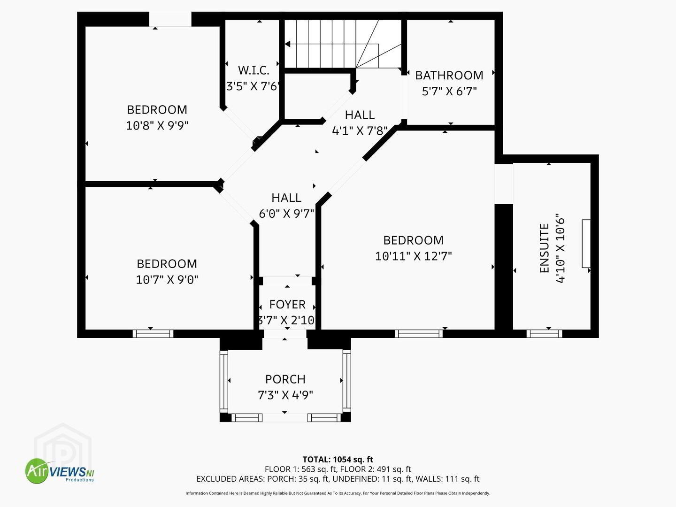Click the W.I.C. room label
pos(253,70)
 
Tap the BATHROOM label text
pos(449,76)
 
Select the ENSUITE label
pos(545,248)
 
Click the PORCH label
pos(285,379)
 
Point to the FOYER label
pos(287,305)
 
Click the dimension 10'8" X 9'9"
pos(157,126)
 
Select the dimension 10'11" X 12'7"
pos(413,256)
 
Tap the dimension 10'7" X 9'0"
pos(167,280)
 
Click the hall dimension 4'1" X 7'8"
pos(360,131)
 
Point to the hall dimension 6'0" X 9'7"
pos(286,214)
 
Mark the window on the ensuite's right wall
pos(586,244)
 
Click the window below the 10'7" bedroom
pos(153,334)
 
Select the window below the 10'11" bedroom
pos(419,334)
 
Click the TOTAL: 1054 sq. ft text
pos(338,460)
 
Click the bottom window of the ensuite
pos(544,334)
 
